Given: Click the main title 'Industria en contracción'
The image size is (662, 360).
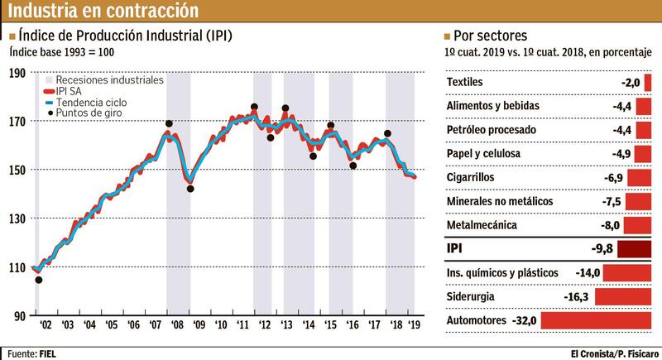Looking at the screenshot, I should pyautogui.click(x=103, y=11).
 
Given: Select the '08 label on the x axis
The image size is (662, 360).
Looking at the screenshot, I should pyautogui.click(x=175, y=326).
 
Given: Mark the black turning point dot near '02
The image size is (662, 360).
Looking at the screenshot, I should pyautogui.click(x=39, y=280).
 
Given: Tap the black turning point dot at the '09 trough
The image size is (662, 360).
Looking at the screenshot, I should pyautogui.click(x=190, y=189).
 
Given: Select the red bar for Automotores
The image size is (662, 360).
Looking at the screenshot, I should pyautogui.click(x=597, y=319).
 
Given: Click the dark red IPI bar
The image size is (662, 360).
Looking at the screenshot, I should pyautogui.click(x=635, y=249).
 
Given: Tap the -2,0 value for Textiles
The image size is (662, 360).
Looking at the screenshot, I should pyautogui.click(x=631, y=83).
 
